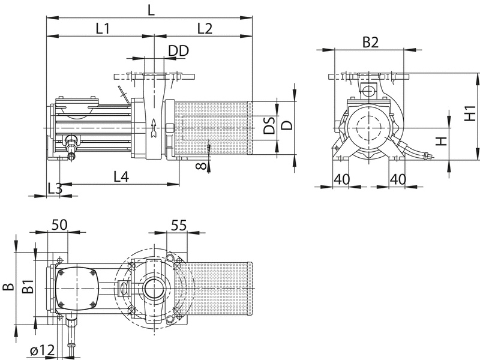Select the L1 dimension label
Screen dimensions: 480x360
[103, 28]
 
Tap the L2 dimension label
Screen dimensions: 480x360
[205, 28]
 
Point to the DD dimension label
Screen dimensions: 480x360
[179, 51]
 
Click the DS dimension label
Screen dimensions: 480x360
[269, 124]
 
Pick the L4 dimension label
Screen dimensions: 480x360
[121, 176]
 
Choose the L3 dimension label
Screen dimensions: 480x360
[55, 188]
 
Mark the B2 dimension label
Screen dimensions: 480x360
[370, 42]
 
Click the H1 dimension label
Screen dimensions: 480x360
[470, 113]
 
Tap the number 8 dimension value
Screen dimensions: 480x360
[201, 166]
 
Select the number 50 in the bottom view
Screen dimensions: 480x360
[59, 224]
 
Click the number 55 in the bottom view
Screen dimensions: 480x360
[178, 226]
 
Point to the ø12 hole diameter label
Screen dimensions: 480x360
[42, 350]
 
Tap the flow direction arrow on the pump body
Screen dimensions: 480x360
[154, 128]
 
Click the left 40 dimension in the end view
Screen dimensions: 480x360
[341, 179]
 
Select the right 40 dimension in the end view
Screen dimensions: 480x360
[398, 179]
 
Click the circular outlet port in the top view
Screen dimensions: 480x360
[155, 289]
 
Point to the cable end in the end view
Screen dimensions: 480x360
[428, 156]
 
